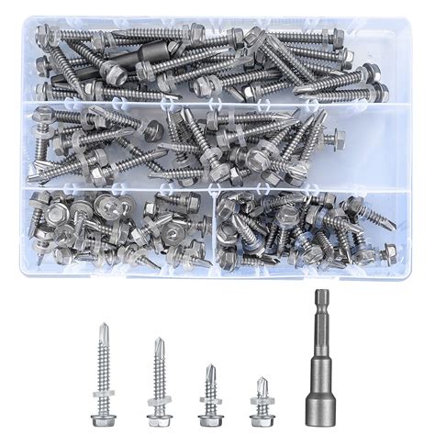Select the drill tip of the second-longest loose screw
(159, 341)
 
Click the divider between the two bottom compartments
(213, 229)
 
